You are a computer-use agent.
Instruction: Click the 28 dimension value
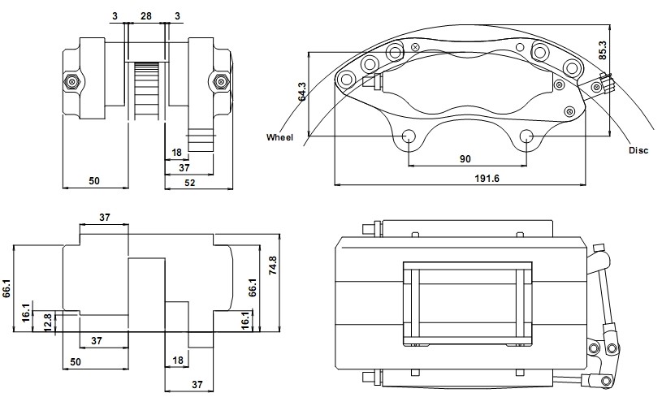145,16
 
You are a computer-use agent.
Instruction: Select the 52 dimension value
190,183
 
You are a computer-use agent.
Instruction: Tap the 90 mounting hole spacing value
465,159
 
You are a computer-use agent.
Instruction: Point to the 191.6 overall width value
487,178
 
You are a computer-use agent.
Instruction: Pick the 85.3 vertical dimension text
602,50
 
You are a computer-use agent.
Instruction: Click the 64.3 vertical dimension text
302,92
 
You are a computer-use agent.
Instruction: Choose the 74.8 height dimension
273,266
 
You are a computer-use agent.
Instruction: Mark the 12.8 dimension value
48,322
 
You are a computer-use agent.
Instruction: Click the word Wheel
279,137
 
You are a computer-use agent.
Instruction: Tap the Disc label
638,150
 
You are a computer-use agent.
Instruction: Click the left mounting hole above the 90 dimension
409,136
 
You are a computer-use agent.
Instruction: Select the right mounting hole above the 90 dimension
526,136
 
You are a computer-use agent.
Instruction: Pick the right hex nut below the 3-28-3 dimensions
219,80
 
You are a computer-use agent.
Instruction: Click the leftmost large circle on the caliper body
347,79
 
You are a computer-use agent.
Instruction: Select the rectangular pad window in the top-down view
467,304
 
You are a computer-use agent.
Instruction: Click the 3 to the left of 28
115,16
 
